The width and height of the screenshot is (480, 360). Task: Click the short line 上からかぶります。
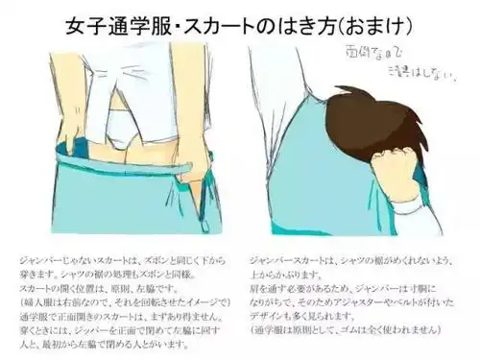point(288,275)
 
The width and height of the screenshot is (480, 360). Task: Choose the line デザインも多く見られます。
point(307,318)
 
